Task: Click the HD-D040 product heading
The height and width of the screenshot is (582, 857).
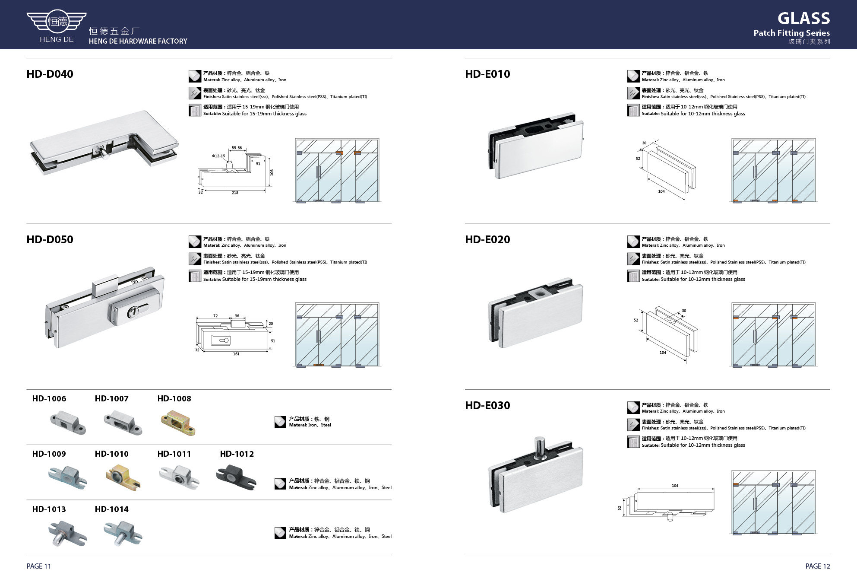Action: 50,74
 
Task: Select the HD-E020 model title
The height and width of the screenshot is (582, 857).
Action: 487,239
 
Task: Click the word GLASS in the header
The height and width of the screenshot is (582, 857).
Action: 803,18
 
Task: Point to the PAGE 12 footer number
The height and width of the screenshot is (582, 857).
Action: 818,566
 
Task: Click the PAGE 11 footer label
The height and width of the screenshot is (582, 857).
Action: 39,566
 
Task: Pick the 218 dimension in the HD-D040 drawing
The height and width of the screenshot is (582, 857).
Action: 235,193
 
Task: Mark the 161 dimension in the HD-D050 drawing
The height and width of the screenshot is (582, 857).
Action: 236,354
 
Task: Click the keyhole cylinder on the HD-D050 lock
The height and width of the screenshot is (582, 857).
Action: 132,312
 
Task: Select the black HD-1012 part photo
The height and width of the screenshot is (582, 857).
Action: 236,477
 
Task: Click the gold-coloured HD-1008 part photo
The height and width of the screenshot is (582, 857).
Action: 178,423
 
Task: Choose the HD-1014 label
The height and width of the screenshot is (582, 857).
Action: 112,509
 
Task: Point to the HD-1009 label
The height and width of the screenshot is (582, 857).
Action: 49,454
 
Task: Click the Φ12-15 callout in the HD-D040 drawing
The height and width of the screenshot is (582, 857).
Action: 218,156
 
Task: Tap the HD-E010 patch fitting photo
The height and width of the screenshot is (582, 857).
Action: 536,146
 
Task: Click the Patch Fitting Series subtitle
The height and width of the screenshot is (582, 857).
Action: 791,33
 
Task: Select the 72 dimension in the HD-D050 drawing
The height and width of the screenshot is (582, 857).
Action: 215,316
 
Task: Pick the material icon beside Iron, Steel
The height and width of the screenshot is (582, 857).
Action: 280,422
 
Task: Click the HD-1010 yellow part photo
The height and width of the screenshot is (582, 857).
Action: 123,477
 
